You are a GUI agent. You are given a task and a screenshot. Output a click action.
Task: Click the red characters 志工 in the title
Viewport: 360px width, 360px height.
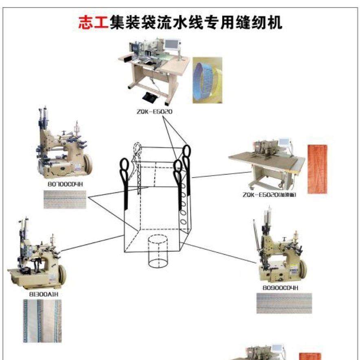pyautogui.click(x=93, y=23)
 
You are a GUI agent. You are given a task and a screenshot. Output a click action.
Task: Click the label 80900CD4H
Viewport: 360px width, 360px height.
pyautogui.click(x=281, y=288)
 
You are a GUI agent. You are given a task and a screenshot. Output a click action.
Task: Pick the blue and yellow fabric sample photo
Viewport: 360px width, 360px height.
pyautogui.click(x=208, y=79)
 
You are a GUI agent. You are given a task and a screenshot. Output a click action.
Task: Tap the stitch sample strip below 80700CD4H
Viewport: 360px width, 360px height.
pyautogui.click(x=66, y=199)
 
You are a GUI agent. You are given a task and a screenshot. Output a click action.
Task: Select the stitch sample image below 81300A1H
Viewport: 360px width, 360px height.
pyautogui.click(x=42, y=320)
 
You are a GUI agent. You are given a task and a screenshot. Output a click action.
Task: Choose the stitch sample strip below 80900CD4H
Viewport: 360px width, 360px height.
pyautogui.click(x=284, y=303)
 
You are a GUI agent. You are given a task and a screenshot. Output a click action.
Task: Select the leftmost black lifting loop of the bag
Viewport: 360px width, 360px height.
pyautogui.click(x=125, y=167)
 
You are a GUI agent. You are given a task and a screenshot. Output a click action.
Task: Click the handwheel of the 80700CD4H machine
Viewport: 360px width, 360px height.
pyautogui.click(x=88, y=163)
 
